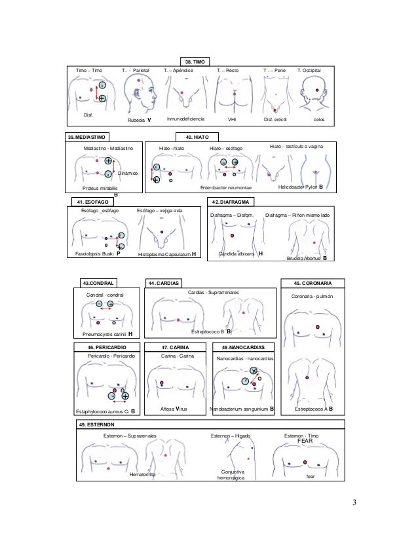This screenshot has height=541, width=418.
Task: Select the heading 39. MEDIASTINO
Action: pyautogui.click(x=88, y=138)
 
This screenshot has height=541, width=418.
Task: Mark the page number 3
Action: pyautogui.click(x=354, y=503)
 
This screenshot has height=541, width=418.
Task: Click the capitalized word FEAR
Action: pyautogui.click(x=307, y=441)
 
